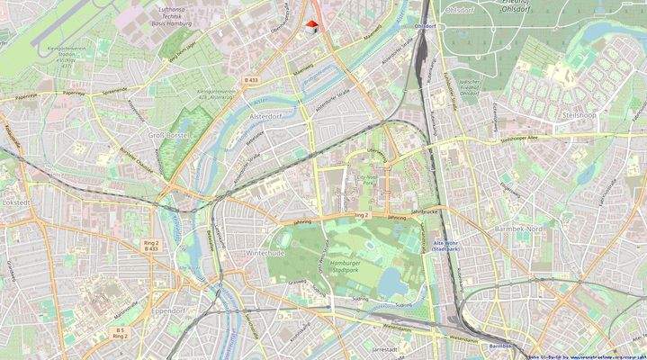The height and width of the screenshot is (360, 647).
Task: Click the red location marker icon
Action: coord(311,26)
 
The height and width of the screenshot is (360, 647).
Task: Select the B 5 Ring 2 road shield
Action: coord(120,333)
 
